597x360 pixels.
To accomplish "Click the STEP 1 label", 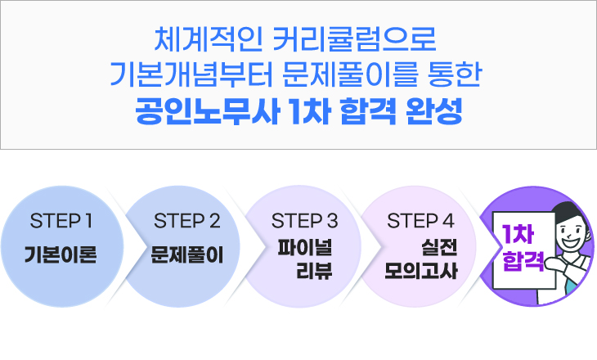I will (60, 220).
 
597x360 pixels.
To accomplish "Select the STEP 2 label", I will (187, 220).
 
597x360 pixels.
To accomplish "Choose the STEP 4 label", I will (420, 220).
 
